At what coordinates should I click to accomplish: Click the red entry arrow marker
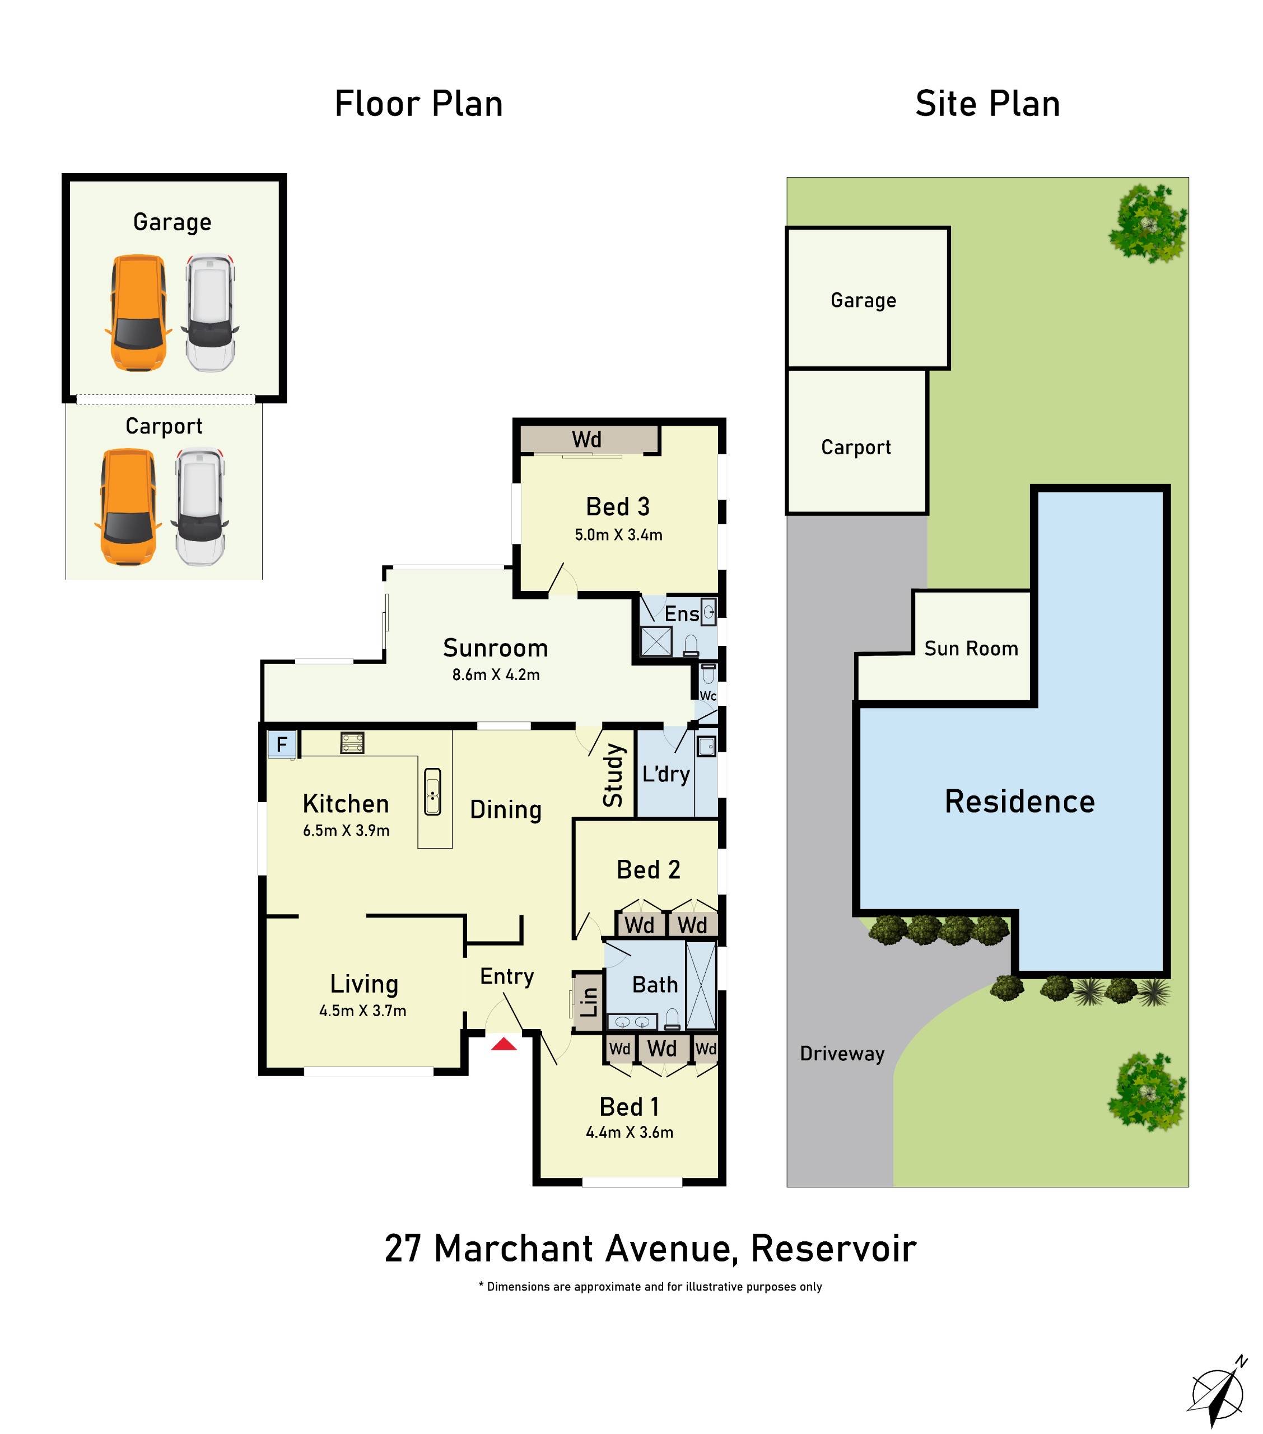point(504,1045)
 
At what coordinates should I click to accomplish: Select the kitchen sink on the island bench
point(432,792)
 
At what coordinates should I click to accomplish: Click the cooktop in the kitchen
point(352,742)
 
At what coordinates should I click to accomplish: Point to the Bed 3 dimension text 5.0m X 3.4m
point(618,534)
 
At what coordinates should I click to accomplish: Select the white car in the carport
point(201,506)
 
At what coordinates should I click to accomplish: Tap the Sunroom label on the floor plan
point(495,648)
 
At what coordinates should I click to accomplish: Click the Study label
point(613,775)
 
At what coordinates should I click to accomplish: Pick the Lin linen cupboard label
point(589,1002)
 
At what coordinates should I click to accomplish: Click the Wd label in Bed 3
point(586,440)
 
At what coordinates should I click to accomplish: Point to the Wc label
point(708,695)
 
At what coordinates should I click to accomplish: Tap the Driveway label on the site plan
point(842,1054)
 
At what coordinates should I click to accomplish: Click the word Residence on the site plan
point(1019,802)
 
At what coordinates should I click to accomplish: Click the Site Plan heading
point(987,104)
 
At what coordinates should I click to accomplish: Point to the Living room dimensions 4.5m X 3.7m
point(363,1011)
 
